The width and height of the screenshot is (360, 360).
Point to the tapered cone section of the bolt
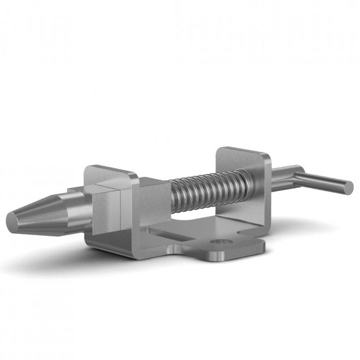coord(37,214)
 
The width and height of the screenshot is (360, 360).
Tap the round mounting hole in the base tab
coord(219,242)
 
